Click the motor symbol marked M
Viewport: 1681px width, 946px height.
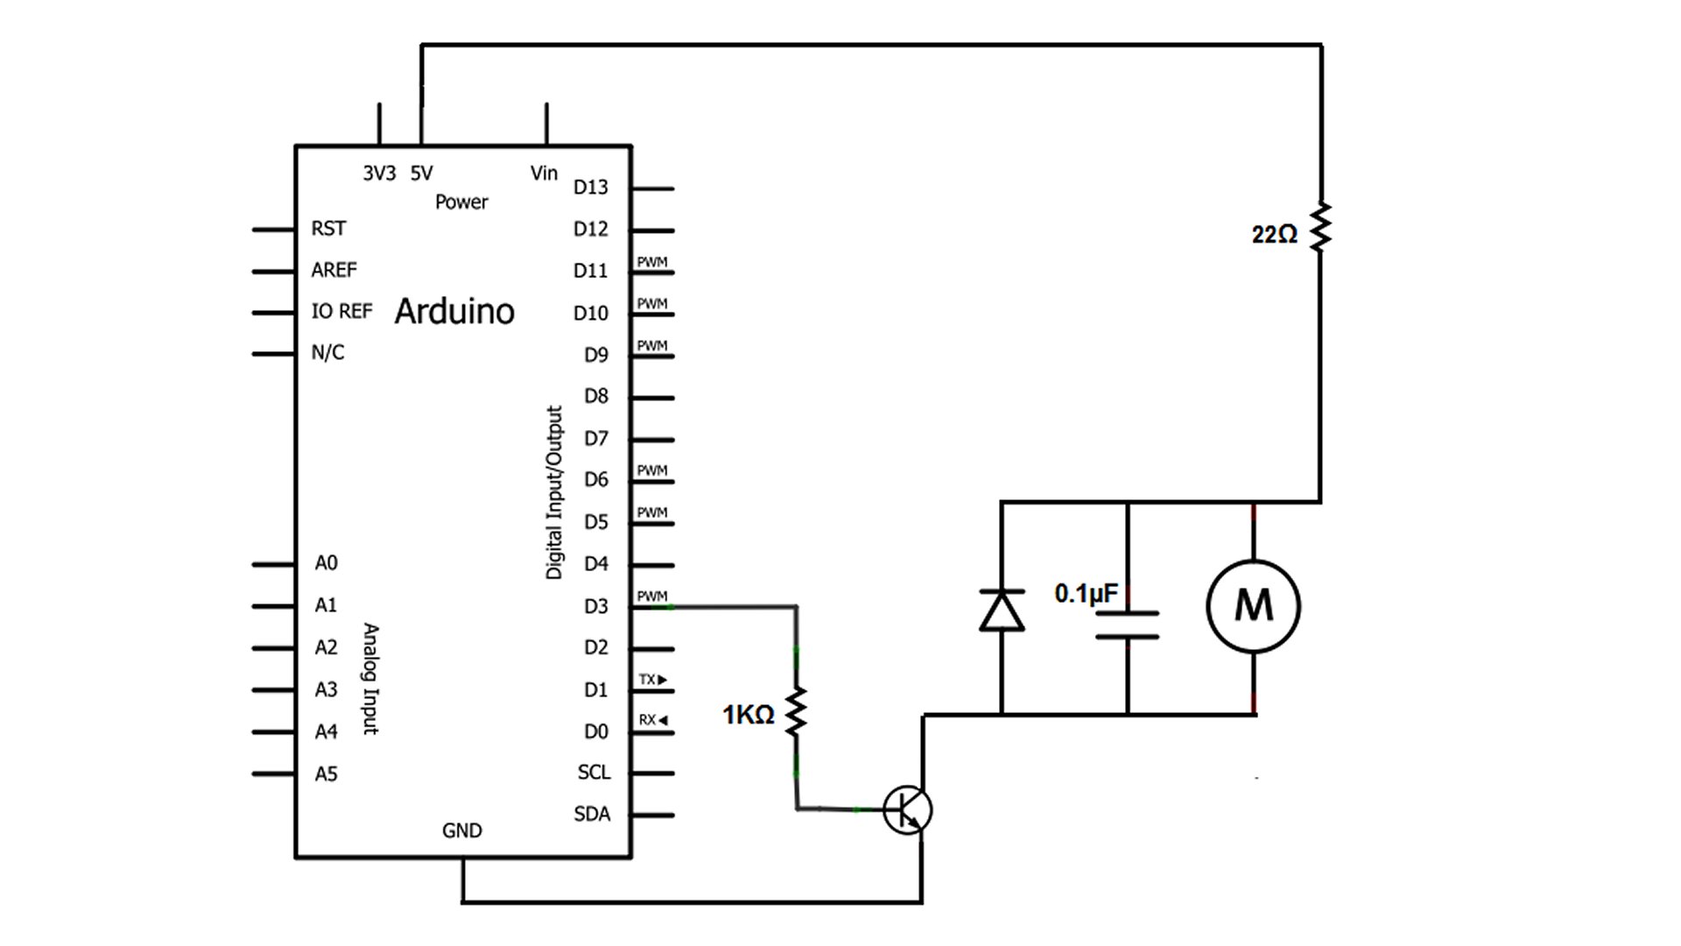(1253, 606)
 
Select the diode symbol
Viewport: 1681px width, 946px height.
(1002, 611)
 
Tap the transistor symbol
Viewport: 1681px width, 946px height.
(907, 809)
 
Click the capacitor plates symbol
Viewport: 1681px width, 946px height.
(1128, 625)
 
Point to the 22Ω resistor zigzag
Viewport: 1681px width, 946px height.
(1320, 229)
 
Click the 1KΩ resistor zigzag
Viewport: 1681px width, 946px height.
(796, 711)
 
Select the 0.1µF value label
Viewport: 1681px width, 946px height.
(1086, 594)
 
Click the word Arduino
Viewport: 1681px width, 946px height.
(454, 312)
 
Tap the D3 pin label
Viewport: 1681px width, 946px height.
(595, 606)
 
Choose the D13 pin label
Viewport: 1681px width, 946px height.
(590, 187)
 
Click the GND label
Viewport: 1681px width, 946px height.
(461, 830)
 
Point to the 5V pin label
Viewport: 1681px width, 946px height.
(421, 173)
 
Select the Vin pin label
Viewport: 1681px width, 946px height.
(544, 173)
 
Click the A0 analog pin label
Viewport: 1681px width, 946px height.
(326, 563)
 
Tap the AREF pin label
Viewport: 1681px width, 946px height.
(334, 270)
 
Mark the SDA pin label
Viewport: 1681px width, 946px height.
(592, 814)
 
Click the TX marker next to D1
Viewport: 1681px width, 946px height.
(652, 680)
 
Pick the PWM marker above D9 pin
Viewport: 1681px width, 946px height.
(652, 346)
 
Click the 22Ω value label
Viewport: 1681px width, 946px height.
(1274, 235)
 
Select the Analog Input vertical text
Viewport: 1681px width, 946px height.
(371, 679)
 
